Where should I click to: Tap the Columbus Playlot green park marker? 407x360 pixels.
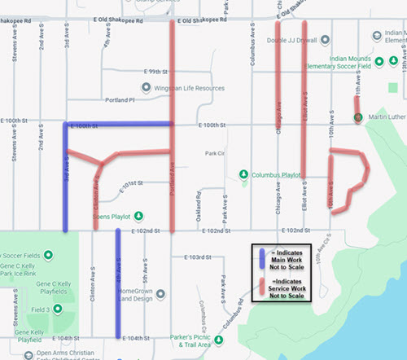(x=243, y=173)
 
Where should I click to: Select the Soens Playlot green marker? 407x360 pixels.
(x=138, y=216)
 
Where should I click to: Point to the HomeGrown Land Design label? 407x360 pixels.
(x=146, y=296)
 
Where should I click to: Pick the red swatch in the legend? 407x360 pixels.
(x=260, y=285)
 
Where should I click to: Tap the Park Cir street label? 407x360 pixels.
(x=215, y=152)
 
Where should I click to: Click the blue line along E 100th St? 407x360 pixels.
(x=118, y=124)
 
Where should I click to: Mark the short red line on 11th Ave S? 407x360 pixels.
(x=356, y=107)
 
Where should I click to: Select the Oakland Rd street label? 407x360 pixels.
(x=198, y=209)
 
